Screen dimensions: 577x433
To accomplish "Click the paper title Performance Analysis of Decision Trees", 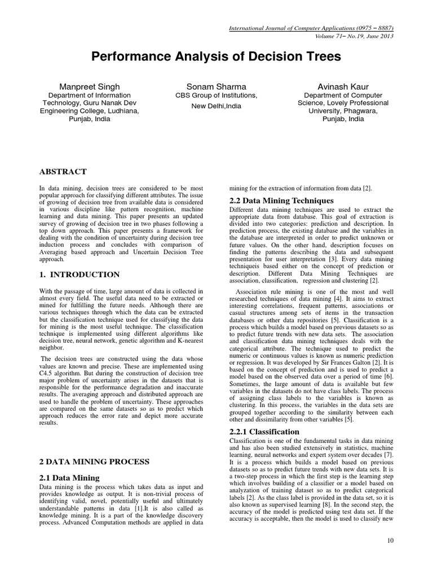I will coord(216,57).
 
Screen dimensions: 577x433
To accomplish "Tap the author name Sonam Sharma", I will coord(216,86).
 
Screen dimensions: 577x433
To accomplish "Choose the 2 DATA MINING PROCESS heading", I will coord(94,461).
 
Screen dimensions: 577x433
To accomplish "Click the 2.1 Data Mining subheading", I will coord(69,478).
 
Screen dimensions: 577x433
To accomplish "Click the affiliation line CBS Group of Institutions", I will coord(216,96).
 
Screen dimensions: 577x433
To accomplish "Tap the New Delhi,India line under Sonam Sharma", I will coord(216,105).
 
